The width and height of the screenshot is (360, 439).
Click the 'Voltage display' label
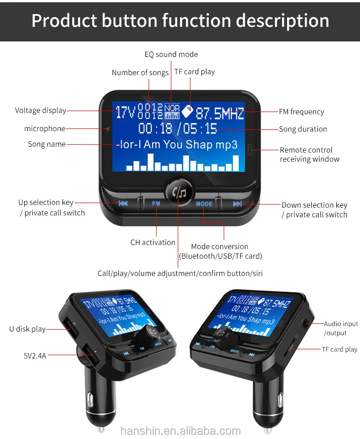click(41, 111)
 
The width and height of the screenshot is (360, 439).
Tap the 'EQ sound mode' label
click(171, 54)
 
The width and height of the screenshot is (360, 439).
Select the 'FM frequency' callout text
click(302, 112)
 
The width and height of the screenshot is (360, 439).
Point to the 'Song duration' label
click(303, 129)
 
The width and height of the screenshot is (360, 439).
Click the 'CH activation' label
click(153, 242)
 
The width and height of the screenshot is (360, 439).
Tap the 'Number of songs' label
click(140, 72)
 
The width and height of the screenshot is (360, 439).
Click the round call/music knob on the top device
click(179, 192)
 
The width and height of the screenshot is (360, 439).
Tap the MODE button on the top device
click(204, 204)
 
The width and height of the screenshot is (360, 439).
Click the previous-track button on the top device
click(123, 203)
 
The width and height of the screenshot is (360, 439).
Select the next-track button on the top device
click(237, 204)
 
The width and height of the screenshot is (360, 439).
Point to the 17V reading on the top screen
click(125, 112)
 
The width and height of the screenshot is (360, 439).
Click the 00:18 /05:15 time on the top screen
click(178, 128)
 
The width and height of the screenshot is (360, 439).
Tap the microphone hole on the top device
click(108, 129)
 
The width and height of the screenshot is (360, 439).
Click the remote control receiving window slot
click(250, 149)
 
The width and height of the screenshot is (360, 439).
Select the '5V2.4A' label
click(35, 356)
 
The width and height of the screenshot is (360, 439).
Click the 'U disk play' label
click(27, 329)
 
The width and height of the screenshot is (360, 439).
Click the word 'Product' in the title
click(64, 20)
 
